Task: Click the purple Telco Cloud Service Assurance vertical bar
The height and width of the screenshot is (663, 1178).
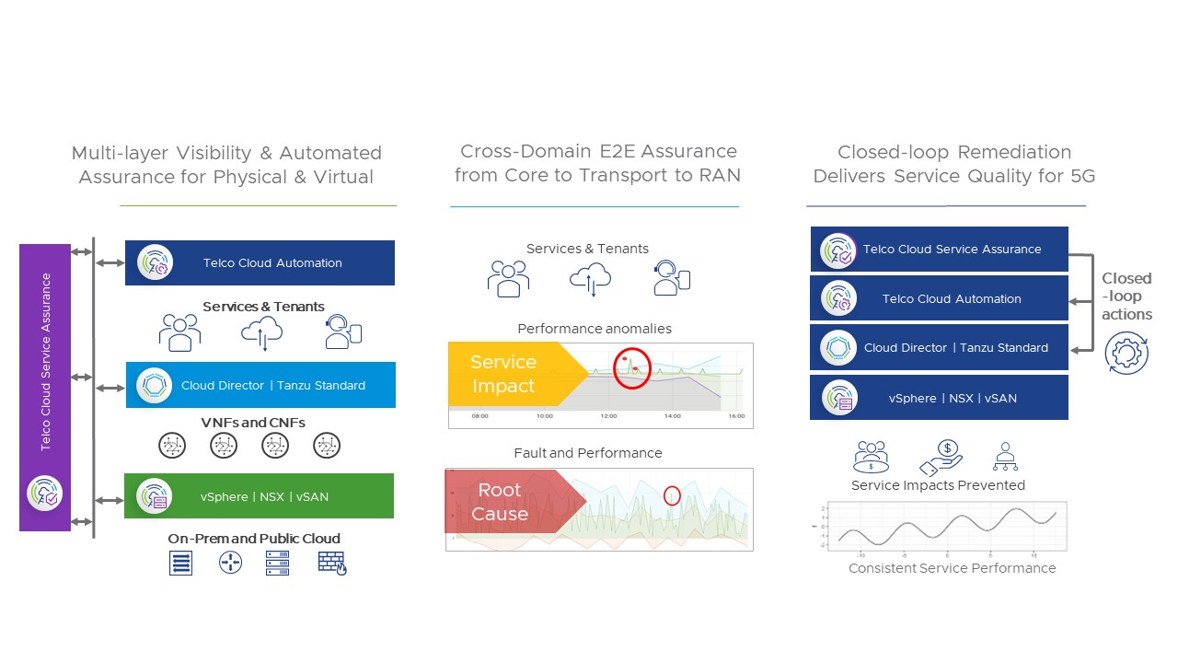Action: tap(45, 387)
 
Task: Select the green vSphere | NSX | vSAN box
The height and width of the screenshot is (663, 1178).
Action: tap(260, 496)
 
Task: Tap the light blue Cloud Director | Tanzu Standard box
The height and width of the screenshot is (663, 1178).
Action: tap(260, 385)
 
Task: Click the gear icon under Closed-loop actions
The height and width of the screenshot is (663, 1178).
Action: tap(1126, 353)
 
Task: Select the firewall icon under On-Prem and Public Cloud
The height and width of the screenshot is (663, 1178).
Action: tap(332, 562)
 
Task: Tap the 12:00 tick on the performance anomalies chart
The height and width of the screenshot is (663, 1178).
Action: tap(607, 416)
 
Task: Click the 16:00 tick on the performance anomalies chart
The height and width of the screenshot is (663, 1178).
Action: tap(735, 416)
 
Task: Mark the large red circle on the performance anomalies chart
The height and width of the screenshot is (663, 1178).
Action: tap(631, 368)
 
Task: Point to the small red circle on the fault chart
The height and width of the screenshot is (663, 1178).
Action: tap(672, 495)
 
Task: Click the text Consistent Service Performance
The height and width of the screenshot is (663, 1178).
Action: tap(952, 568)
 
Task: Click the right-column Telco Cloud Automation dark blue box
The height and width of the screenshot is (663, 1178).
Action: tap(939, 298)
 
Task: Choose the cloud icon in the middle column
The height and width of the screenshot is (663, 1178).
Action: tap(591, 278)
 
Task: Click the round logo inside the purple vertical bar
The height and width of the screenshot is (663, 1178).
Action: tap(45, 494)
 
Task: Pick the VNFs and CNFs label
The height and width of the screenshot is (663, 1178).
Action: tap(253, 423)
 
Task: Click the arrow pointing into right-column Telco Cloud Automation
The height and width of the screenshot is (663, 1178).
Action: tap(1075, 301)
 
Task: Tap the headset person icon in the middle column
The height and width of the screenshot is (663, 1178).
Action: tap(672, 278)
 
